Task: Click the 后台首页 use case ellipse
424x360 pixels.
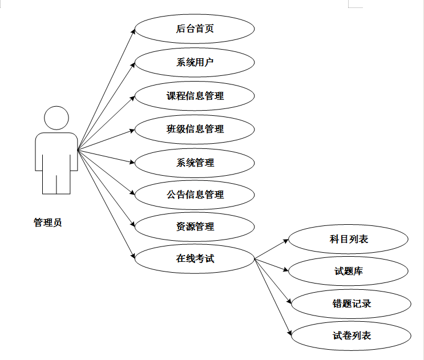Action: tap(195, 29)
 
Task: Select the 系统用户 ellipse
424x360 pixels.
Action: tap(195, 62)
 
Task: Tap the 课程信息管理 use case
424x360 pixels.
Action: tap(195, 96)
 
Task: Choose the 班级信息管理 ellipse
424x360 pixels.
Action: tap(195, 129)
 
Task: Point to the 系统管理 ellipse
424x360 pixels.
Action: tap(195, 163)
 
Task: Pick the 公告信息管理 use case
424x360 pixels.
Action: tap(195, 195)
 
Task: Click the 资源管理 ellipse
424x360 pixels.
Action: tap(195, 226)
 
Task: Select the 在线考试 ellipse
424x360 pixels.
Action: tap(195, 258)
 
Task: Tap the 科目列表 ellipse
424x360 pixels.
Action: tap(349, 239)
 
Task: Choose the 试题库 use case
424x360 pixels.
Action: tap(349, 271)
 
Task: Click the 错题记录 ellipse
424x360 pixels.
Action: tap(352, 304)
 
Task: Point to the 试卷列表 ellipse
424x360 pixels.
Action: tap(352, 335)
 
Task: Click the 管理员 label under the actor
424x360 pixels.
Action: tap(47, 223)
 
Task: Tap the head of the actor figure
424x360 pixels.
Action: tap(56, 118)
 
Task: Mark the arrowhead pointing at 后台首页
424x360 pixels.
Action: tap(133, 31)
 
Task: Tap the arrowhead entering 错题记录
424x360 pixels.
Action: tap(289, 301)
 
